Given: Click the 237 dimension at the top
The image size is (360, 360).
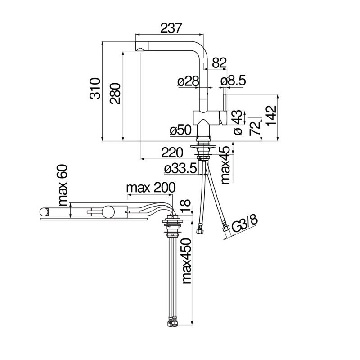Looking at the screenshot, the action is (171, 28).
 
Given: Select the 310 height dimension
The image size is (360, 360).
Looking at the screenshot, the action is (95, 88).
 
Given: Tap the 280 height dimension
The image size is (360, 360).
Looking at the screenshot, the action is (115, 94).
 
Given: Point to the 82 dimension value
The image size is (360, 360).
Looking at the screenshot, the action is (219, 63).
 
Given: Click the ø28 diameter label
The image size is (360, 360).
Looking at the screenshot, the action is (188, 81).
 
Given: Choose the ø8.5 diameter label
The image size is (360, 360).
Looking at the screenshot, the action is (233, 81).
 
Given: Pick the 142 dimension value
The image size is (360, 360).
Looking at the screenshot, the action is (272, 116).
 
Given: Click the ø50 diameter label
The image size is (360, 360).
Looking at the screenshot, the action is (180, 130).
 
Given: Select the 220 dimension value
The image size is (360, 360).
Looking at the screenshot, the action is (172, 153).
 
